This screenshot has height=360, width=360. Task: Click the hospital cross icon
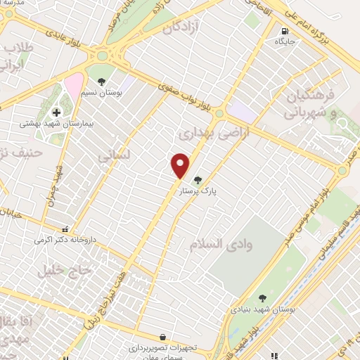(56, 112)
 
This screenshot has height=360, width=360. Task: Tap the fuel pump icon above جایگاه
(284, 31)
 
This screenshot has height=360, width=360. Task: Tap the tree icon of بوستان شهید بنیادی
(262, 298)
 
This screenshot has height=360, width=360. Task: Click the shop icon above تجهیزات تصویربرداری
(163, 337)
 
